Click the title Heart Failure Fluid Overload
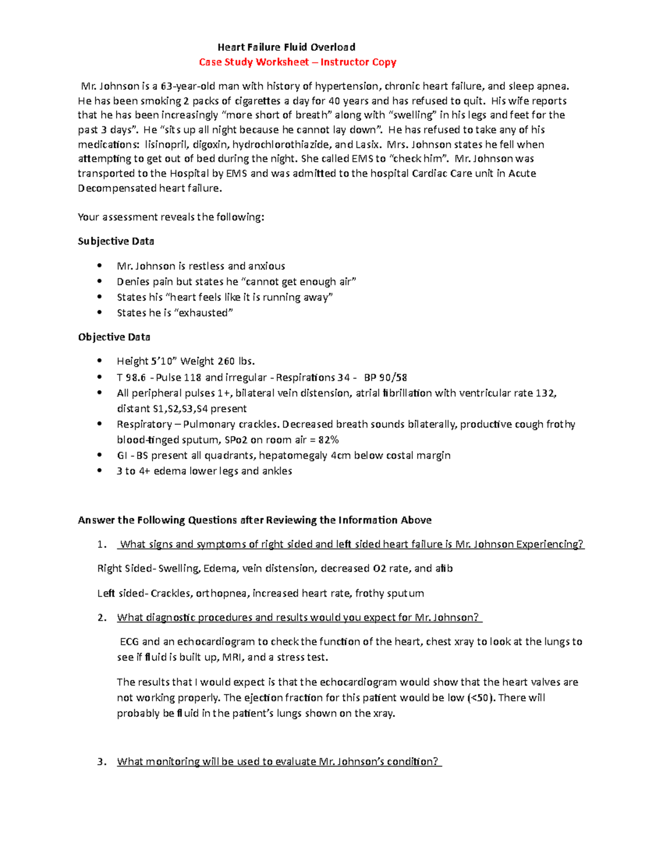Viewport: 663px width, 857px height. pyautogui.click(x=286, y=47)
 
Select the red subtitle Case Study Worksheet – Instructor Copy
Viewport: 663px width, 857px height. pyautogui.click(x=297, y=62)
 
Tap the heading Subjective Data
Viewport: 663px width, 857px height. pyautogui.click(x=116, y=241)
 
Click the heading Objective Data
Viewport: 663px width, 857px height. pyautogui.click(x=114, y=337)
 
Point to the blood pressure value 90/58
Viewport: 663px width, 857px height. pyautogui.click(x=393, y=378)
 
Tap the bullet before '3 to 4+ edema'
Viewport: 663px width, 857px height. pyautogui.click(x=99, y=471)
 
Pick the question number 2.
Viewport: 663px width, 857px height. pyautogui.click(x=102, y=618)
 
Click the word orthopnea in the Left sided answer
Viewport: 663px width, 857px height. pyautogui.click(x=222, y=593)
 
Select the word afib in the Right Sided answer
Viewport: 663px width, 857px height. pyautogui.click(x=444, y=568)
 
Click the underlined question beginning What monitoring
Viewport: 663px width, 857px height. pyautogui.click(x=279, y=762)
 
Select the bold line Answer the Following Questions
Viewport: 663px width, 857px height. pyautogui.click(x=255, y=520)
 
